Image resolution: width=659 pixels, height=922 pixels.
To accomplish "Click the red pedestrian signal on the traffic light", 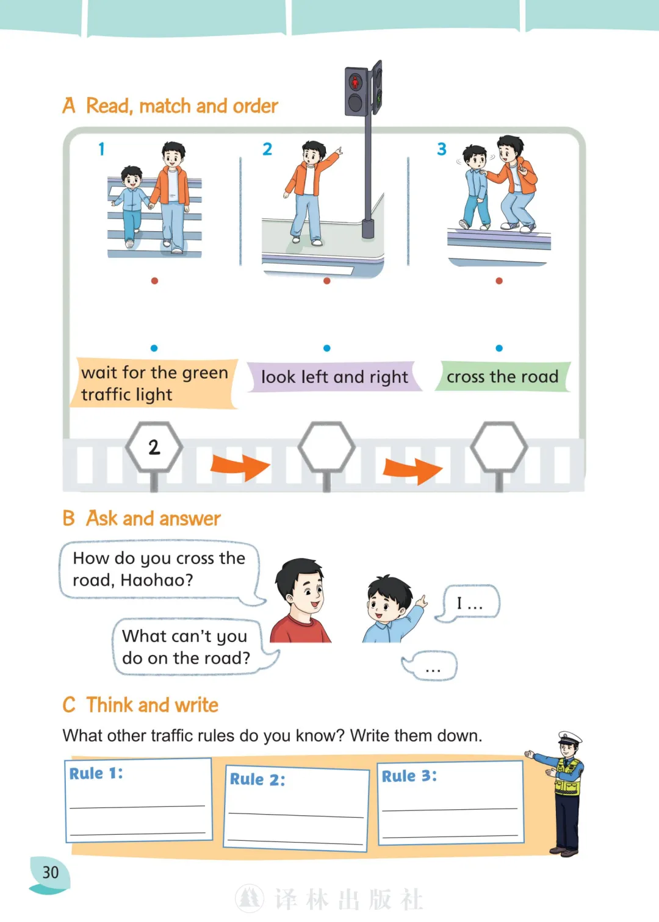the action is (x=355, y=82).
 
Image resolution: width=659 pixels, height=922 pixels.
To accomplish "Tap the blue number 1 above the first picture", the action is (x=101, y=149).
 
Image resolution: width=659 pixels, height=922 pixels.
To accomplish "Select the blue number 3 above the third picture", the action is (x=442, y=149).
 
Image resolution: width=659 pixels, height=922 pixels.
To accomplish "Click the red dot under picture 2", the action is (x=326, y=281).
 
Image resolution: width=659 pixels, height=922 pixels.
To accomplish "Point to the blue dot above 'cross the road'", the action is (x=499, y=348).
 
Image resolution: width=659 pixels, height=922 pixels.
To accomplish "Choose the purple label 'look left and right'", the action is (x=334, y=377).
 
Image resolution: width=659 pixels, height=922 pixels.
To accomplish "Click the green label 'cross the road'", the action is (x=503, y=376).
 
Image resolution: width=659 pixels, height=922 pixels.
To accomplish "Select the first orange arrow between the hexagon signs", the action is (x=240, y=467).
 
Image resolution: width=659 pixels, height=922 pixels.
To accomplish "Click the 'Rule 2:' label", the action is (x=257, y=779).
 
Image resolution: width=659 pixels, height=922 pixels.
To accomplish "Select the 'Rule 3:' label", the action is (x=409, y=776).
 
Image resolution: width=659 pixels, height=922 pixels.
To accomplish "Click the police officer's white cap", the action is (x=570, y=737).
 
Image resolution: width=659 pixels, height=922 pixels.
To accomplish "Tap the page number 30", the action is (x=51, y=872).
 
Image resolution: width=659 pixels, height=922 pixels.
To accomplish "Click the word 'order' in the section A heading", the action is (x=255, y=106).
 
